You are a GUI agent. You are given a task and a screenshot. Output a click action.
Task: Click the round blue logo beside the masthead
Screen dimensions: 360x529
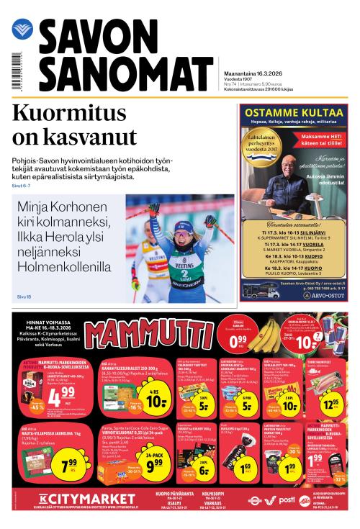22,30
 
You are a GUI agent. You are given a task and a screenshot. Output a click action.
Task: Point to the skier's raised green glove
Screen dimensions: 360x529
153,209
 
